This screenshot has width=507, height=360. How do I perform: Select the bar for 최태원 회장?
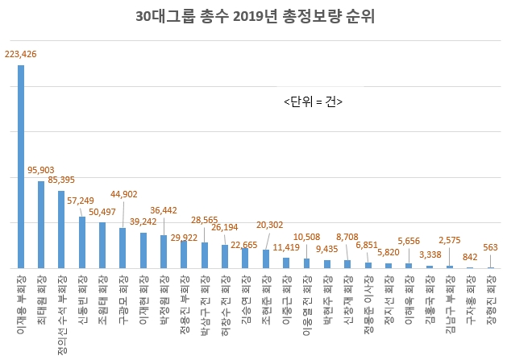(41, 225)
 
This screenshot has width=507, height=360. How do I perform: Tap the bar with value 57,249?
(82, 242)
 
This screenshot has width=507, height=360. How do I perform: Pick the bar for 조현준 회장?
(266, 259)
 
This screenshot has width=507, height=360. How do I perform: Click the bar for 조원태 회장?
(102, 245)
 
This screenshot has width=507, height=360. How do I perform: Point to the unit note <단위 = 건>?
(314, 101)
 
